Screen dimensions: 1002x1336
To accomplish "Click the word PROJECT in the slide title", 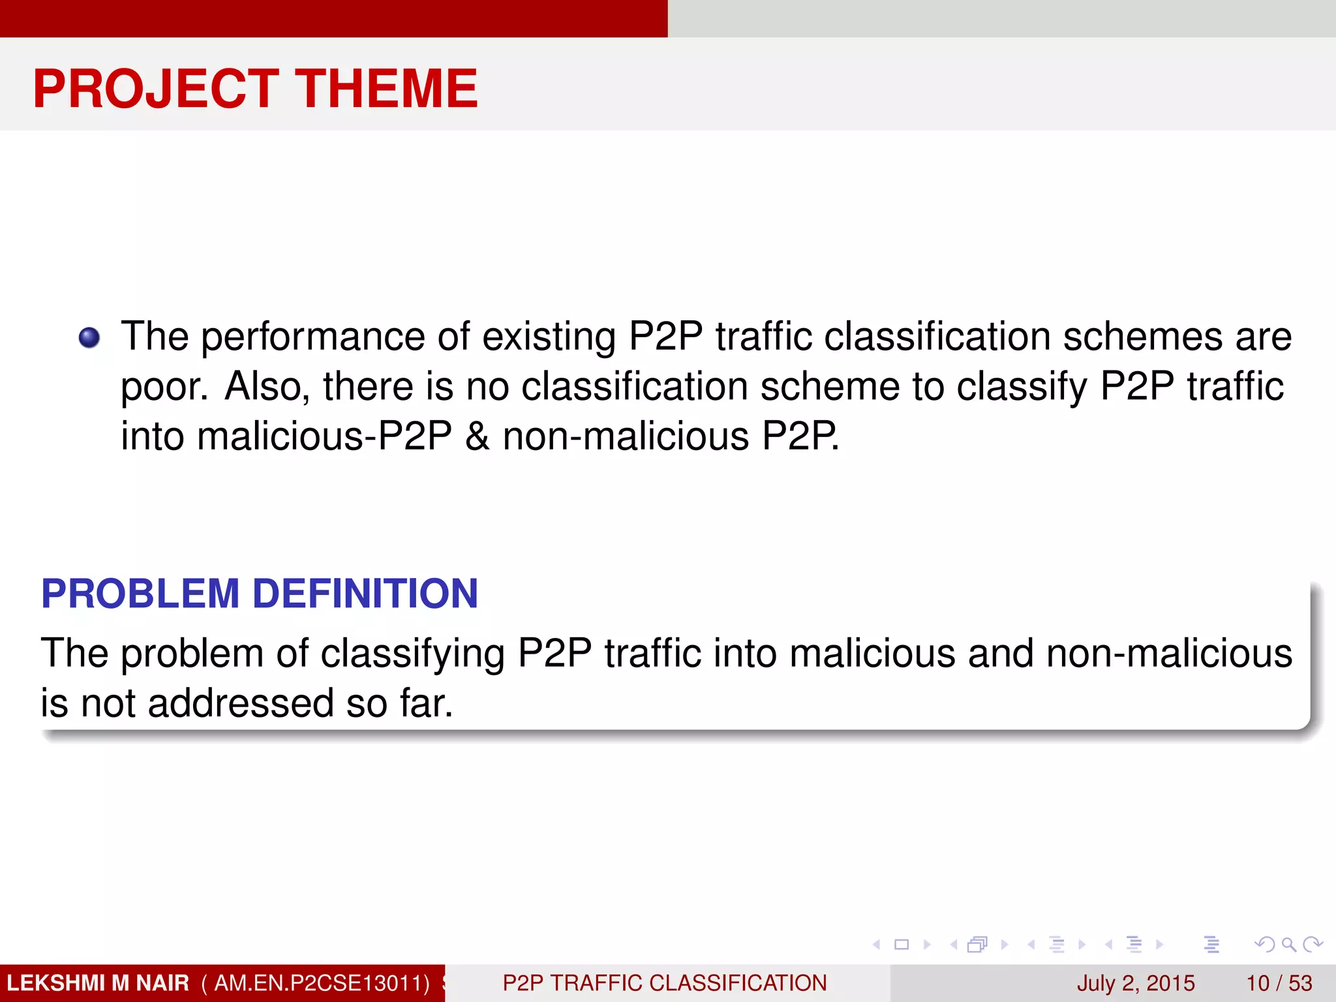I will (156, 89).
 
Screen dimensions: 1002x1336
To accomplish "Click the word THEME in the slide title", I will (387, 89).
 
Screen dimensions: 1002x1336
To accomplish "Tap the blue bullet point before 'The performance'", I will (89, 338).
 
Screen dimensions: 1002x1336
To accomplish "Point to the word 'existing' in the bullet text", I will (548, 337).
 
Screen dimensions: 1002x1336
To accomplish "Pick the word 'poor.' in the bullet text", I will (164, 387).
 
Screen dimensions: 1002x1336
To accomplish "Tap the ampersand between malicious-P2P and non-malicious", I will (478, 436).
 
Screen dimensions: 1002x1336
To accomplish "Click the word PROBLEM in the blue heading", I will (140, 594).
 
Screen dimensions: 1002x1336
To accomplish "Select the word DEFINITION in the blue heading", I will (365, 594).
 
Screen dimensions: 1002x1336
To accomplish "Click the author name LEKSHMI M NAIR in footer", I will (98, 983).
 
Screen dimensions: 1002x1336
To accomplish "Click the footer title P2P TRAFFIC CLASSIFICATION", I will (665, 983).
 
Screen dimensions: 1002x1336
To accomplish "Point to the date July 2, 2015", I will (1136, 983).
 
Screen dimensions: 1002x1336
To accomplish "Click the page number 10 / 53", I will (1279, 983).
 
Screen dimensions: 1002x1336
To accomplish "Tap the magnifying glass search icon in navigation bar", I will (1288, 944).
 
